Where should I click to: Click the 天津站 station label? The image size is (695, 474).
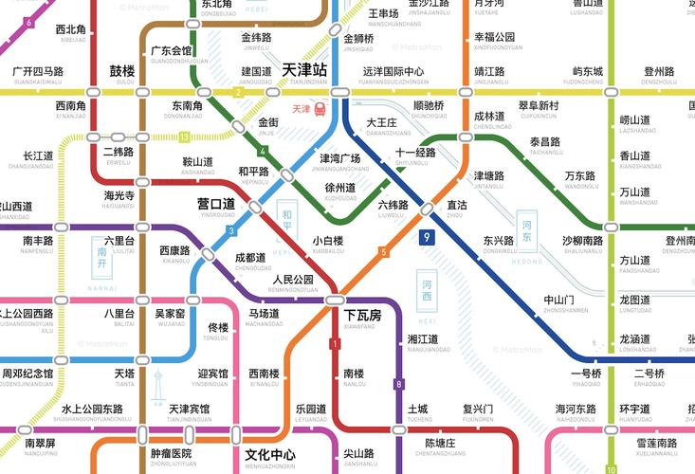click(305, 69)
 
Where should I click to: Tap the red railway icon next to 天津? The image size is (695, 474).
click(320, 109)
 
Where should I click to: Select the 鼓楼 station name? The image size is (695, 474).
click(122, 71)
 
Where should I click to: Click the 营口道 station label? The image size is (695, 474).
click(215, 204)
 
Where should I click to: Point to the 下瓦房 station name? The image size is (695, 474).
click(362, 315)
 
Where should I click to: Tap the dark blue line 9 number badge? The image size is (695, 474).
click(429, 239)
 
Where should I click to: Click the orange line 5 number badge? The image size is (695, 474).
click(383, 251)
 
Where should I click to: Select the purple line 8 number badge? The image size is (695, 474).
click(399, 384)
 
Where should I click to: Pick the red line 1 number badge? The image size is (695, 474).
click(334, 343)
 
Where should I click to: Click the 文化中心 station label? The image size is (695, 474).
click(269, 454)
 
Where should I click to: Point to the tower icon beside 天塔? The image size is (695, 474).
click(158, 389)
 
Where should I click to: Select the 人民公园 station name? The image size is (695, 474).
click(293, 281)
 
